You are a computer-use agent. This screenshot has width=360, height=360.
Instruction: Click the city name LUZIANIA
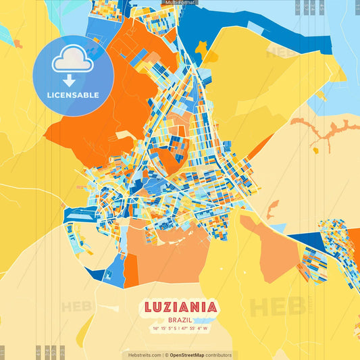[x=180, y=308]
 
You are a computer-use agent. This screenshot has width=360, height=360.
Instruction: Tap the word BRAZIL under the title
[x=180, y=320]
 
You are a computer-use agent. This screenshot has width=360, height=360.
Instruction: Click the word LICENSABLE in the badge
[x=74, y=95]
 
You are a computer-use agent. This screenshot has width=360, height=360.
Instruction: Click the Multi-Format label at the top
[x=180, y=3]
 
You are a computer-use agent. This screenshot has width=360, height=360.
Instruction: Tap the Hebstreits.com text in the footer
[x=142, y=355]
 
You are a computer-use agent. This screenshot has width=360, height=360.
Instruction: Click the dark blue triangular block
[x=308, y=241]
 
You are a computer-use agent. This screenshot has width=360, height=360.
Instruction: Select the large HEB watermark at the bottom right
[x=277, y=307]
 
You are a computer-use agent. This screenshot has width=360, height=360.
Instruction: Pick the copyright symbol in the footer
[x=166, y=355]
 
